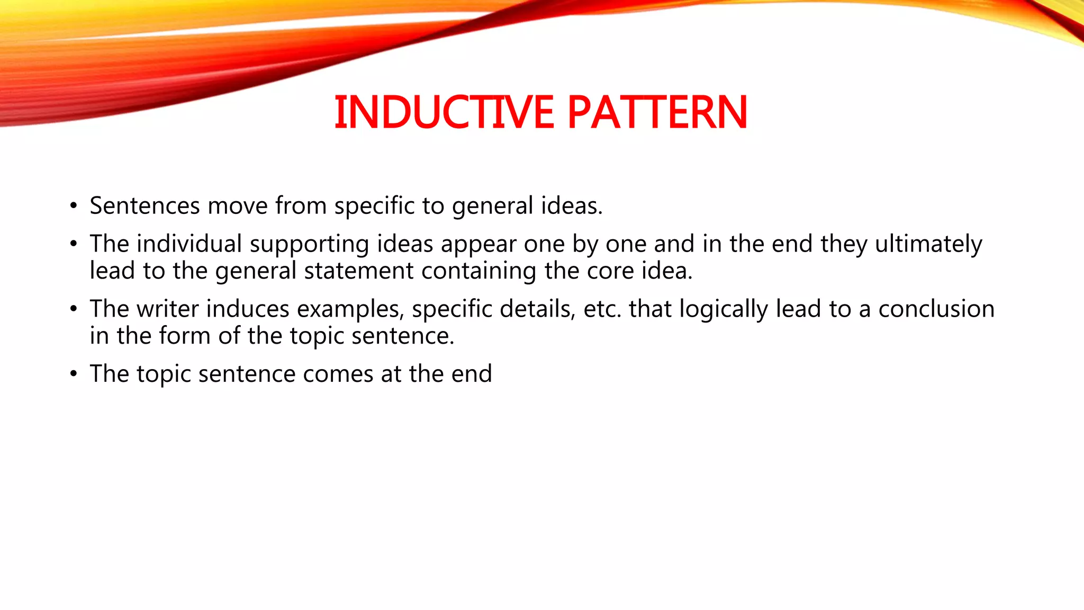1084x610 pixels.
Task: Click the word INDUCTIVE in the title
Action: point(444,112)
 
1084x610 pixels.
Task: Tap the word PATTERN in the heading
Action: point(657,112)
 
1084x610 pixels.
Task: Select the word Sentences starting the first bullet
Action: point(144,205)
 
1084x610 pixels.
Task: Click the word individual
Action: point(189,244)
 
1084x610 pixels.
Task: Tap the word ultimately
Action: point(928,244)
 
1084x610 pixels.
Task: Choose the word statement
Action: point(358,271)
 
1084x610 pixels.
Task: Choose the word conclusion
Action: point(936,309)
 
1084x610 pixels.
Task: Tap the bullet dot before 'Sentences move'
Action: point(74,206)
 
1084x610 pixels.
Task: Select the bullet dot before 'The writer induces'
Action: point(74,309)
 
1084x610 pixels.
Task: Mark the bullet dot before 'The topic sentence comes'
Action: point(74,374)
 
